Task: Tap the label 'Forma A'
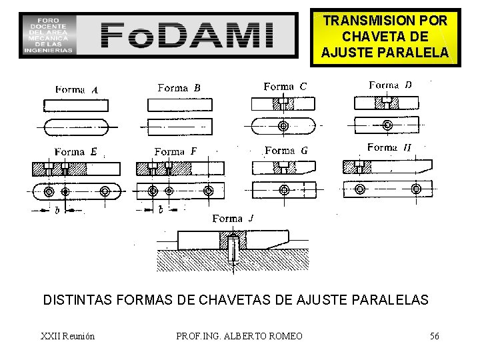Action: pyautogui.click(x=77, y=90)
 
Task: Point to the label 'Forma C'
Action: pyautogui.click(x=285, y=86)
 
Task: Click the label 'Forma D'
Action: pyautogui.click(x=390, y=85)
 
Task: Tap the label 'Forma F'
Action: pyautogui.click(x=175, y=151)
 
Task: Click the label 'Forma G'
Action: pyautogui.click(x=286, y=150)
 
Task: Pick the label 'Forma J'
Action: pyautogui.click(x=233, y=218)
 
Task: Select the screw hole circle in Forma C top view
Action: pyautogui.click(x=284, y=125)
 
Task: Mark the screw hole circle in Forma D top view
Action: pyautogui.click(x=388, y=125)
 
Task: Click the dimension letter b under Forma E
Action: pyautogui.click(x=57, y=210)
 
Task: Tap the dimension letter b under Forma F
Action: pyautogui.click(x=161, y=210)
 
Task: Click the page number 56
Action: pyautogui.click(x=434, y=335)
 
